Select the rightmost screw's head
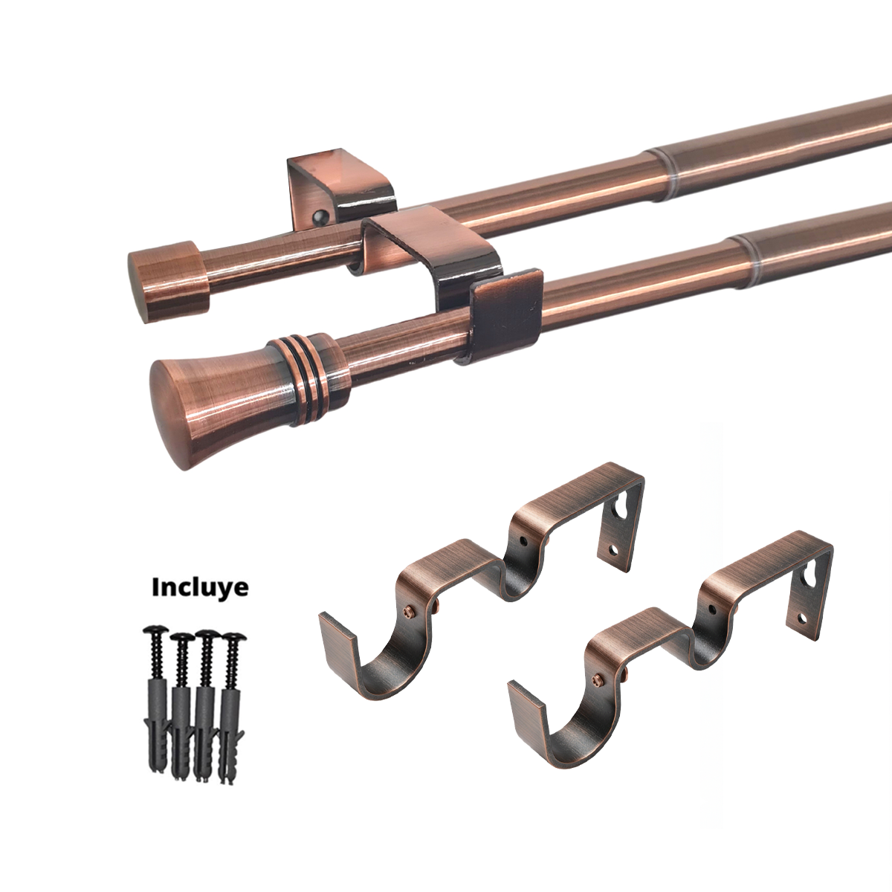click(236, 638)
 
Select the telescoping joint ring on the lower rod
click(746, 251)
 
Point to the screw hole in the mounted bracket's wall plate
click(320, 217)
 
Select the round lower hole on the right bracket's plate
click(801, 618)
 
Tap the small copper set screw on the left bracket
click(407, 610)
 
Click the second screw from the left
click(179, 637)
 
